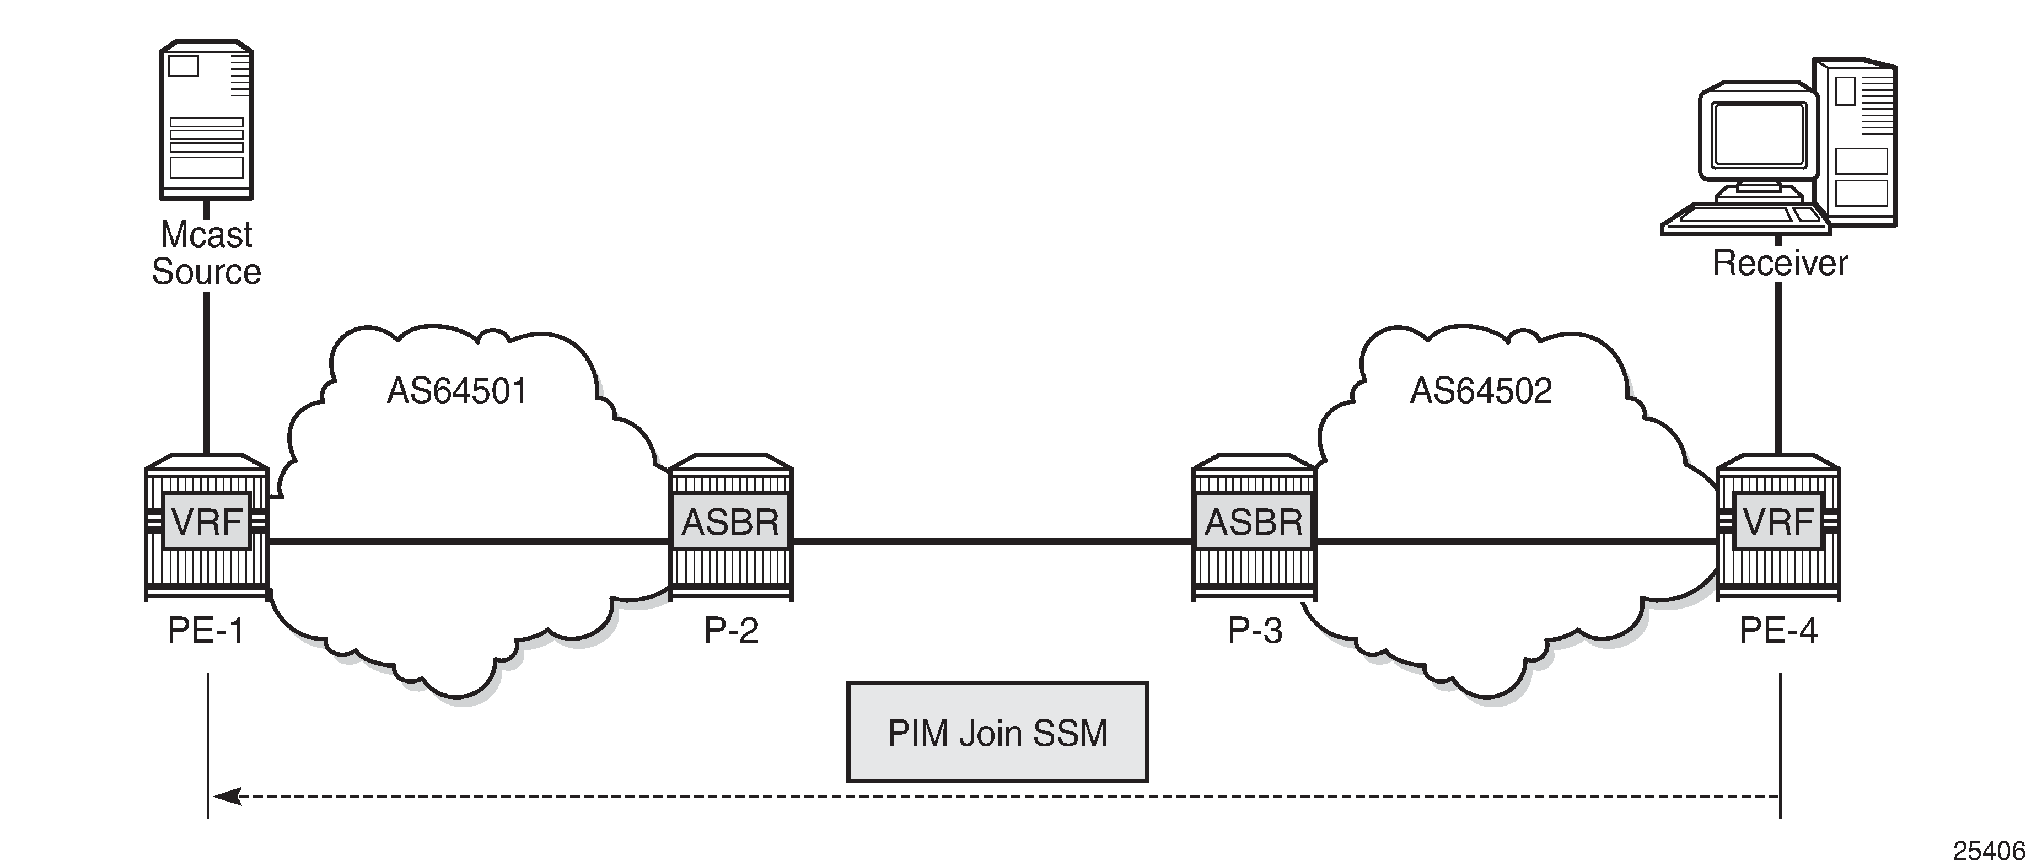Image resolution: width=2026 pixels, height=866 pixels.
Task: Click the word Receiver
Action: tap(1780, 263)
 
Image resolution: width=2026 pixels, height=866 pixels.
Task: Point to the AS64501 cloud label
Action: tap(457, 391)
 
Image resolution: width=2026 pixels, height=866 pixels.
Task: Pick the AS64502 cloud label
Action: tap(1481, 391)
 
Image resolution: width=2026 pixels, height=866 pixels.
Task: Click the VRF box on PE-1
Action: tap(206, 521)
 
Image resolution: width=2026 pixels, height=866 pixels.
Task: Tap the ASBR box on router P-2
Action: tap(730, 521)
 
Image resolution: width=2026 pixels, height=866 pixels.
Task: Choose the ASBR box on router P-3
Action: tap(1254, 521)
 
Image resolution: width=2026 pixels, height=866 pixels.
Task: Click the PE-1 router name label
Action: tap(206, 631)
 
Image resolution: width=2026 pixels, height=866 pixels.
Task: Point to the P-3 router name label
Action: tap(1255, 631)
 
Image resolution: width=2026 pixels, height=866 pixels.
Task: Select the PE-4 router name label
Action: tap(1778, 631)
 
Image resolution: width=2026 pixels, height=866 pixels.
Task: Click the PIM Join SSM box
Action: tap(997, 732)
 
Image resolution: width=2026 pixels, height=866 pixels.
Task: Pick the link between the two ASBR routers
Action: tap(992, 541)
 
